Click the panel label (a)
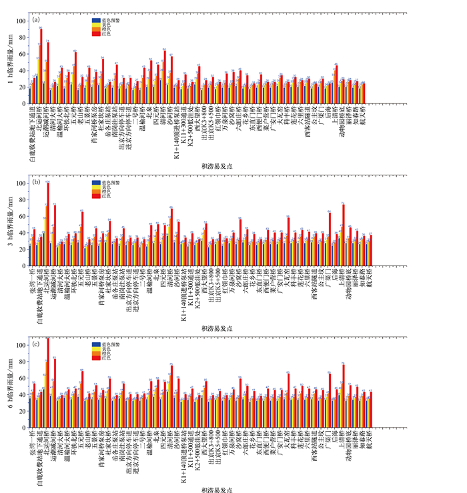35,20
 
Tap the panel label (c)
35,344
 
